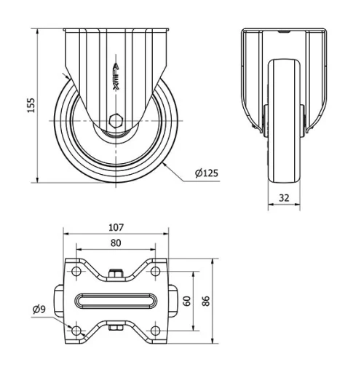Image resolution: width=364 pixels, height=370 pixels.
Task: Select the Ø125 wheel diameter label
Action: pyautogui.click(x=207, y=173)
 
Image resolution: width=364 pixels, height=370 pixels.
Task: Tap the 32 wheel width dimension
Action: pyautogui.click(x=283, y=196)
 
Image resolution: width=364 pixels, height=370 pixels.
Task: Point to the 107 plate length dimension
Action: pyautogui.click(x=116, y=227)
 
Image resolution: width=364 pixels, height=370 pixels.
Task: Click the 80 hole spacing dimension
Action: pyautogui.click(x=116, y=243)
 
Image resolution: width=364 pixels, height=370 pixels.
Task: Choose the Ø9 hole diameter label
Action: pyautogui.click(x=39, y=310)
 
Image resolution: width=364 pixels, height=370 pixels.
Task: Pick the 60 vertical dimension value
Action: pyautogui.click(x=187, y=301)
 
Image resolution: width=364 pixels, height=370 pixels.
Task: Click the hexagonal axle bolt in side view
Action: pyautogui.click(x=116, y=121)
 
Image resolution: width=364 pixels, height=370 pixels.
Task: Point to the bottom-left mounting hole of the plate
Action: pyautogui.click(x=77, y=331)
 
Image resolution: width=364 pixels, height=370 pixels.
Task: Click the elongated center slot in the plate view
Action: pyautogui.click(x=116, y=302)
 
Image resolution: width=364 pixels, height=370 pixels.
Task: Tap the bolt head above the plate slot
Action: pyautogui.click(x=116, y=274)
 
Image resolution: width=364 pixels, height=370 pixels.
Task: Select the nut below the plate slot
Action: pyautogui.click(x=116, y=329)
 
